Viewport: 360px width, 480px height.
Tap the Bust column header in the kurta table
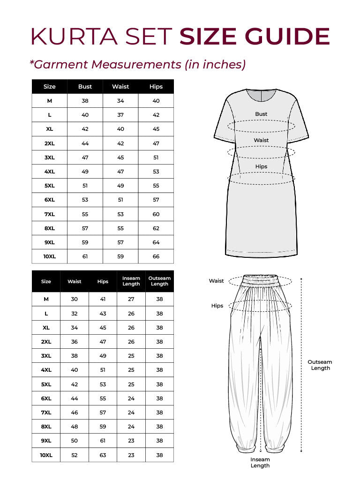(85, 87)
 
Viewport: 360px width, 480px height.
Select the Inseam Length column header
(131, 281)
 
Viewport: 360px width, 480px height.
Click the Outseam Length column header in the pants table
(159, 281)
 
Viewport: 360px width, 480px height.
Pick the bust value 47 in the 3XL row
(85, 157)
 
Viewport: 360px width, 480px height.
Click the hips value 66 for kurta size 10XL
(156, 256)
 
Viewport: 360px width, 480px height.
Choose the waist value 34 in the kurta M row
(120, 101)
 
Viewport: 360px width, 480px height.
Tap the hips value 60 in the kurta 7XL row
(156, 214)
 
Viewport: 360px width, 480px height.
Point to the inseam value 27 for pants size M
(131, 299)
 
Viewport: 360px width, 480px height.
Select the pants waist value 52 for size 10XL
(75, 455)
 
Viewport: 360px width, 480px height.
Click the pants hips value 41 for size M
(103, 299)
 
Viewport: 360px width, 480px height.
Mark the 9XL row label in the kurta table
(50, 242)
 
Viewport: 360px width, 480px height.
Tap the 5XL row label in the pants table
(46, 384)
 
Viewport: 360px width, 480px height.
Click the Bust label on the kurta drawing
(261, 114)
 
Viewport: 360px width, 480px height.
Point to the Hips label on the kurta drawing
(261, 166)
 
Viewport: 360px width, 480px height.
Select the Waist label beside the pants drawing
(216, 281)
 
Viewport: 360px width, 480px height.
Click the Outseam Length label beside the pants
(320, 365)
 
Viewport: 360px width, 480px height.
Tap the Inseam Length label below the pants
(260, 463)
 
